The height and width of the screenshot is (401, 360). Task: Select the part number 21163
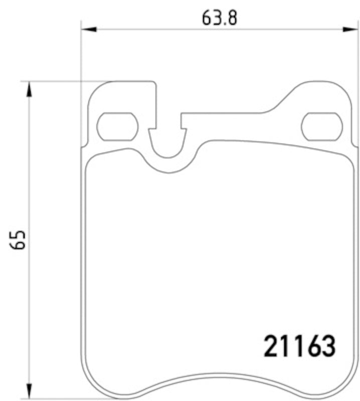point(298,346)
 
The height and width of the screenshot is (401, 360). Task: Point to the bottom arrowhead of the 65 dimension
point(30,391)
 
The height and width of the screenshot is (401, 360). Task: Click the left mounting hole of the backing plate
point(117,126)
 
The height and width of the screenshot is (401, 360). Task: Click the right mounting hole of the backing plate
point(321,126)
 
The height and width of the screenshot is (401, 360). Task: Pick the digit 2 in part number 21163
point(271,346)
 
